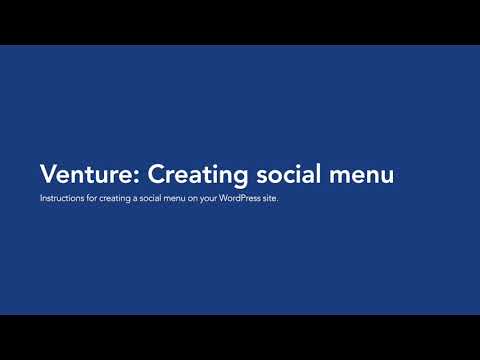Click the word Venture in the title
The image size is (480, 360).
(88, 174)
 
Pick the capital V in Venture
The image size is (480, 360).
(48, 174)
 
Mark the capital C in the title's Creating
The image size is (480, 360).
(157, 174)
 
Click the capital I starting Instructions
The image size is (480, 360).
(41, 198)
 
